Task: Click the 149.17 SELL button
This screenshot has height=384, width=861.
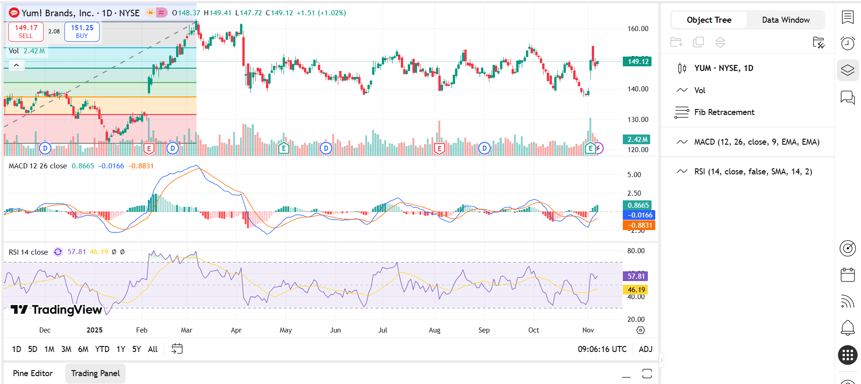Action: pos(26,32)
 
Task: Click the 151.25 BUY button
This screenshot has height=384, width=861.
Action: pos(82,32)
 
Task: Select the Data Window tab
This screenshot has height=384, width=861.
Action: pos(785,20)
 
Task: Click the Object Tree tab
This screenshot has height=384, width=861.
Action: pos(709,20)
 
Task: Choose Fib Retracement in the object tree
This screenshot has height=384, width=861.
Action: pos(724,112)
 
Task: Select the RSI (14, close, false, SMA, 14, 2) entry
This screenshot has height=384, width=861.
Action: pos(753,172)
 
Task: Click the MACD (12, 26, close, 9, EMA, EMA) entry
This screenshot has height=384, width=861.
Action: pos(756,142)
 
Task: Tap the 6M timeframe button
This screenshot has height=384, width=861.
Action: pos(83,349)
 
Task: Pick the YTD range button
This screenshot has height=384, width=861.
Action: pos(102,349)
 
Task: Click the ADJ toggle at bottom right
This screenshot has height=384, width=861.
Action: pos(645,349)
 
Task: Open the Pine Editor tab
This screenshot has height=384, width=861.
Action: pos(33,373)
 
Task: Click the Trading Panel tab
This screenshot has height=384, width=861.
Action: pos(95,373)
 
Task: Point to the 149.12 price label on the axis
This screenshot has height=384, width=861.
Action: pos(638,62)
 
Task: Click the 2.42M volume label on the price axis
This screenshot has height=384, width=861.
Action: pos(637,140)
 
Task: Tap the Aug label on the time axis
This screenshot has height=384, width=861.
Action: pos(434,330)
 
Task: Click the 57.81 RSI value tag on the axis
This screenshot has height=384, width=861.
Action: pos(636,276)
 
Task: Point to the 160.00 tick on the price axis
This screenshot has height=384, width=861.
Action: pos(638,29)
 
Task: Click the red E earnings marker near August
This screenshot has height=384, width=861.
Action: pos(439,148)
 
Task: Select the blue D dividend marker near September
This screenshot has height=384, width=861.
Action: pos(484,148)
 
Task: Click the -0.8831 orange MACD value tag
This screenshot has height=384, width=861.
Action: pos(639,225)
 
